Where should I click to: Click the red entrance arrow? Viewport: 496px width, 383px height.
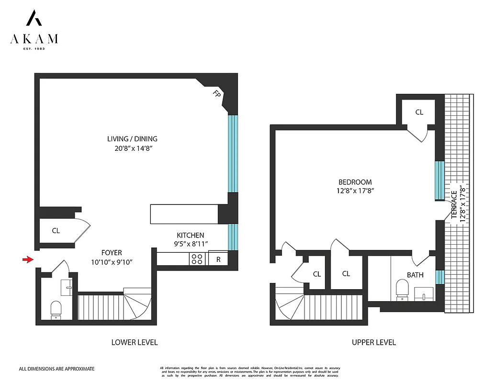(28, 259)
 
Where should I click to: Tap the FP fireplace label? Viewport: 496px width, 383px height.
(217, 95)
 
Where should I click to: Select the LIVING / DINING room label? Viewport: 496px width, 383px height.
(132, 139)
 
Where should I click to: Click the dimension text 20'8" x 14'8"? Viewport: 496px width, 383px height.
(132, 148)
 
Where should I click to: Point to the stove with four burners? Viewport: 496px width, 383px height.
(197, 259)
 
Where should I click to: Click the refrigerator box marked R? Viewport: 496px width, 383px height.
(218, 259)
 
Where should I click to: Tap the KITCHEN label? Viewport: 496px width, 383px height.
(191, 235)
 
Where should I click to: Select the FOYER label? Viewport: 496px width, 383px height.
(112, 252)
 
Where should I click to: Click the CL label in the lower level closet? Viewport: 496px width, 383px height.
(56, 231)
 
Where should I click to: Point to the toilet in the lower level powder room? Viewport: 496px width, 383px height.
(56, 309)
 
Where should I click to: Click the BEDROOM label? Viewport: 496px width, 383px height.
(355, 182)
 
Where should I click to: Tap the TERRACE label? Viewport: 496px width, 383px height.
(454, 204)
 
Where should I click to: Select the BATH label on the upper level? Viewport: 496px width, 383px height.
(415, 275)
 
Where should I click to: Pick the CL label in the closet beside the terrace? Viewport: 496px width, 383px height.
(419, 113)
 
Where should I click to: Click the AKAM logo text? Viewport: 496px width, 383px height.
(34, 39)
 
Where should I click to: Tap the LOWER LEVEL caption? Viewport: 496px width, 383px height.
(135, 342)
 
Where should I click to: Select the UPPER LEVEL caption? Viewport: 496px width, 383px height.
(373, 342)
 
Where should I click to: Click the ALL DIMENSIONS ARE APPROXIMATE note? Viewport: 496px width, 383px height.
(56, 369)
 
